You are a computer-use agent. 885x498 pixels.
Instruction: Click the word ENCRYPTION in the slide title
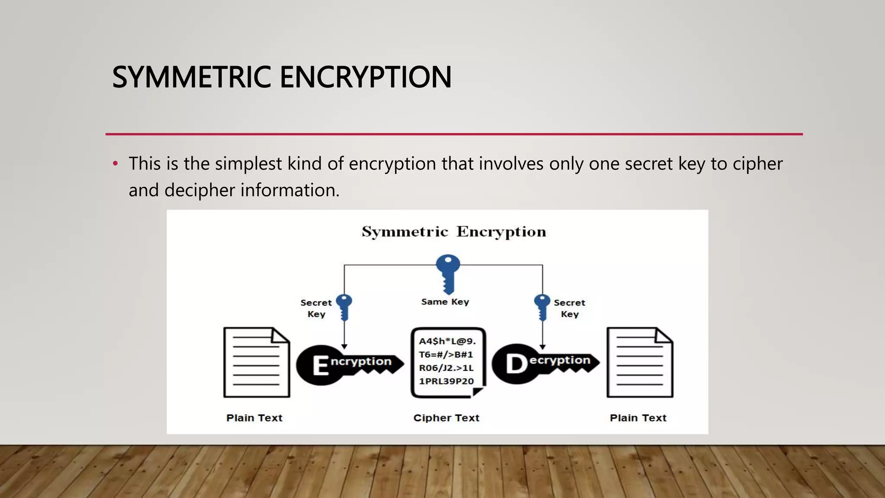(x=366, y=77)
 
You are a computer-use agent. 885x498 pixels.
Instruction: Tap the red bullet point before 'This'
(x=115, y=164)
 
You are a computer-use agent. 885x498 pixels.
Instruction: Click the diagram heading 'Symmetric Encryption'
(x=454, y=232)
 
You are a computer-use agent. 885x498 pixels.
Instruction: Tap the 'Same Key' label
(x=445, y=302)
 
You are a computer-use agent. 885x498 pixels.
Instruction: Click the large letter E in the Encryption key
(x=320, y=366)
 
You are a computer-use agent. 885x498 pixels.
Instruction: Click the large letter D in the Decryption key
(x=516, y=364)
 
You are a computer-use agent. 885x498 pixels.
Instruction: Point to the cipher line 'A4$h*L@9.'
(x=447, y=342)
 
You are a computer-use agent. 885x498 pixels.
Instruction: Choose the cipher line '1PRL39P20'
(x=446, y=381)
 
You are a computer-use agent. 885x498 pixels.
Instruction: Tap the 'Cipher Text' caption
(x=446, y=418)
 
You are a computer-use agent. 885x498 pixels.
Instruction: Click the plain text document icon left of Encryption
(x=256, y=362)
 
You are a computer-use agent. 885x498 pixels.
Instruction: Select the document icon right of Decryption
(x=640, y=362)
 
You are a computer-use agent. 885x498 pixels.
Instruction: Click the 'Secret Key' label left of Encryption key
(x=316, y=308)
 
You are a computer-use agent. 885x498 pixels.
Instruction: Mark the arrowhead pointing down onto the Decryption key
(x=542, y=347)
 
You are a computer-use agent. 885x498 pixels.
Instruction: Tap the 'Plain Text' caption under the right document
(x=638, y=418)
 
